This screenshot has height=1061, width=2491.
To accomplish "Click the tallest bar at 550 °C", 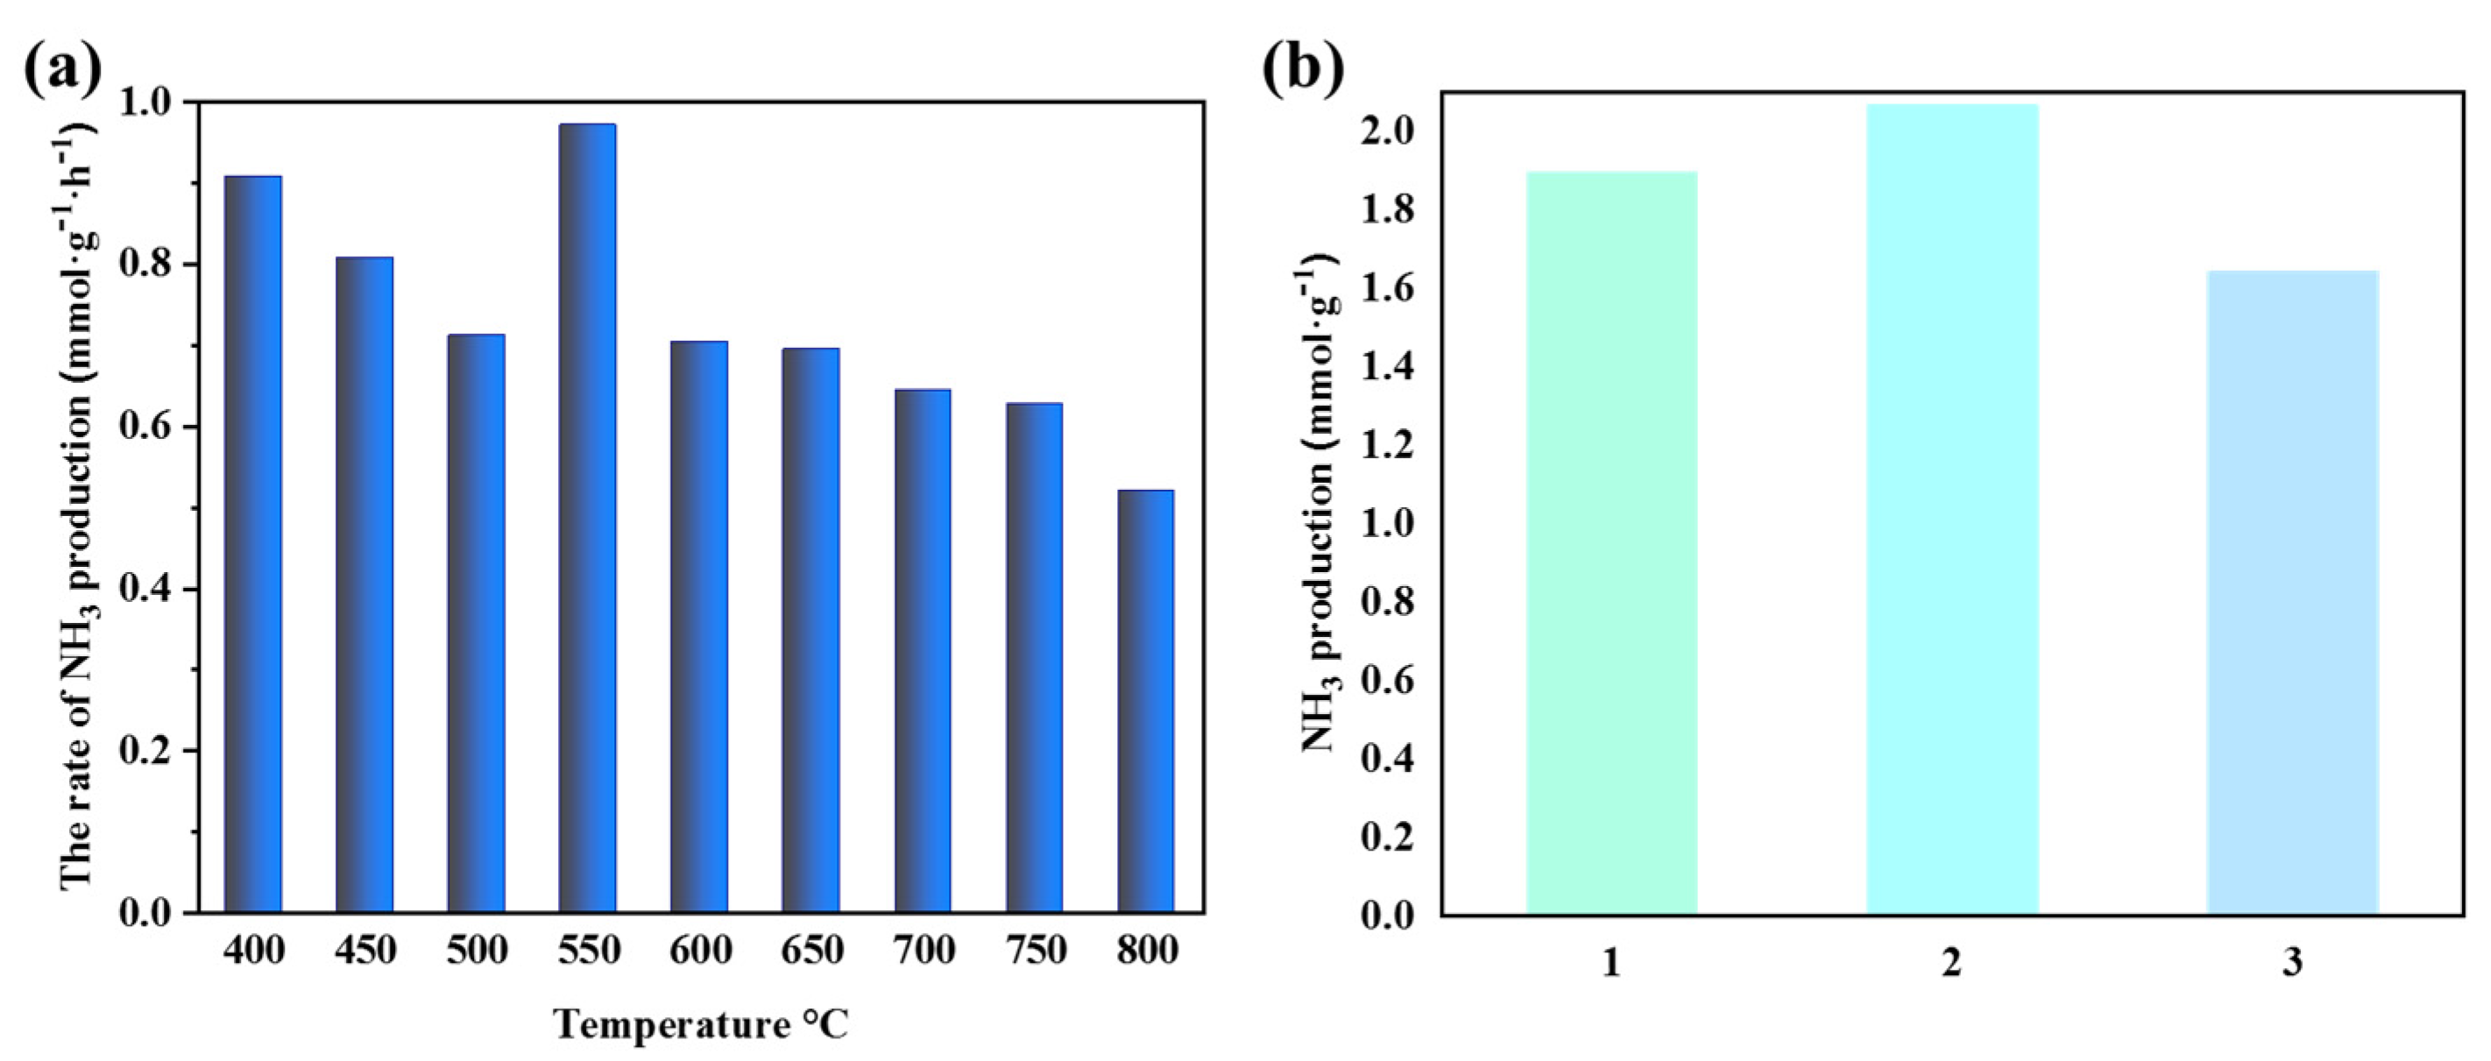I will pos(587,518).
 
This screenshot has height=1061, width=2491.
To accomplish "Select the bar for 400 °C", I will pos(252,543).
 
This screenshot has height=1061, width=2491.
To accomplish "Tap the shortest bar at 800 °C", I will pos(1146,701).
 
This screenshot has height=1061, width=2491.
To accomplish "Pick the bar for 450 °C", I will pos(364,584).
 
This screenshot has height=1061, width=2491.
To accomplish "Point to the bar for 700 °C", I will pos(923,650).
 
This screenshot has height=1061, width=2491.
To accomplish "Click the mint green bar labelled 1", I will pos(1611,541).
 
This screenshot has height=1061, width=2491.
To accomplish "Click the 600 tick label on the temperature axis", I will pos(699,950).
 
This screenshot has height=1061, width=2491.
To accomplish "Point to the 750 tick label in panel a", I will pos(1035,950).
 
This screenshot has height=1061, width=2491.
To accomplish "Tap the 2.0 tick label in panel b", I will pos(1386,132).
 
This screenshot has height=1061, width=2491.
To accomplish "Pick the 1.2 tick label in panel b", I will pos(1386,446).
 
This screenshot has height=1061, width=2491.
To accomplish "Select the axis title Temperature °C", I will pos(700,1024).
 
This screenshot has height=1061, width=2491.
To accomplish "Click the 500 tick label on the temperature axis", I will pos(477,950).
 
